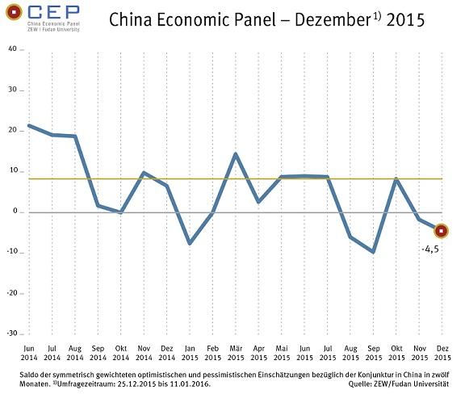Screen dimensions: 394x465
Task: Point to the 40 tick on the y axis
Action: (x=12, y=49)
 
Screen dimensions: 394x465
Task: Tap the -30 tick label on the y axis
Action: (x=11, y=333)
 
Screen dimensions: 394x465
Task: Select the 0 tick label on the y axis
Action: (x=15, y=212)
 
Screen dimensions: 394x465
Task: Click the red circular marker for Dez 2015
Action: (x=442, y=230)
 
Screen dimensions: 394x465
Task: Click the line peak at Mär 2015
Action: (x=235, y=153)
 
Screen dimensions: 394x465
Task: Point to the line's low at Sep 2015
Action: (x=373, y=252)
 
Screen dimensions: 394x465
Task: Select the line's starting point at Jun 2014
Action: (x=29, y=125)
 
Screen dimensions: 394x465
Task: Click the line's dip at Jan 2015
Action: (x=189, y=243)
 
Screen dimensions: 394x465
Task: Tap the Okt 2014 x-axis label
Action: (x=120, y=353)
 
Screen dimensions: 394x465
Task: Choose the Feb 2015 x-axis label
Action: (x=212, y=353)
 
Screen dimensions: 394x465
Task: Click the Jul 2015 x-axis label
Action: (x=327, y=353)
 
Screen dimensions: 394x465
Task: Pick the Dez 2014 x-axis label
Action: (x=166, y=353)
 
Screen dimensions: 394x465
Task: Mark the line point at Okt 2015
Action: (x=396, y=178)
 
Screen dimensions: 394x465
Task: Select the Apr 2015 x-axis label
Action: (x=258, y=353)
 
